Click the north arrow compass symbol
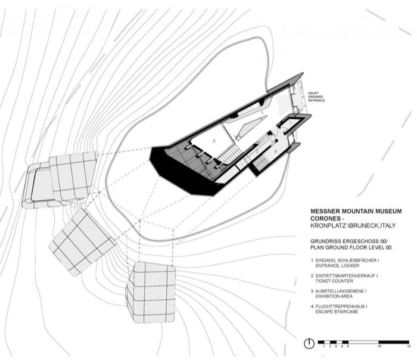309,344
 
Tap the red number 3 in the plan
214,141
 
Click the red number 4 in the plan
276,151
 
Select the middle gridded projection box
82,240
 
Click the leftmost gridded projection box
60,179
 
